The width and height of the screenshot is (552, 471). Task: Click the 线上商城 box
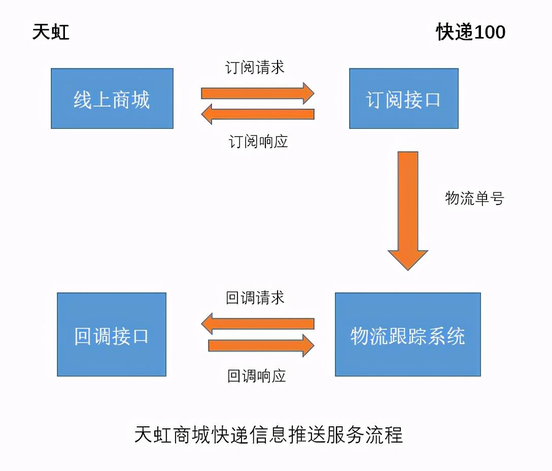pyautogui.click(x=112, y=98)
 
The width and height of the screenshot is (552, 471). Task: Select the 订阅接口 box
pyautogui.click(x=404, y=98)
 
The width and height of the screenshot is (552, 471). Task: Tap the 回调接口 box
pyautogui.click(x=112, y=334)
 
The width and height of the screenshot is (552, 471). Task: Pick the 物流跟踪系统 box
pyautogui.click(x=408, y=334)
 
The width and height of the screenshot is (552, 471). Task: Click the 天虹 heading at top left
pyautogui.click(x=51, y=32)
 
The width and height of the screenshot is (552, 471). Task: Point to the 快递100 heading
pyautogui.click(x=471, y=32)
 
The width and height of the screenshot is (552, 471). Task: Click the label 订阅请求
pyautogui.click(x=255, y=68)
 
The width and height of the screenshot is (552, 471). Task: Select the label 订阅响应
pyautogui.click(x=258, y=141)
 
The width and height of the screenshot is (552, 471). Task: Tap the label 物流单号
pyautogui.click(x=474, y=198)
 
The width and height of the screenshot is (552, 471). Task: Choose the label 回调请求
pyautogui.click(x=255, y=297)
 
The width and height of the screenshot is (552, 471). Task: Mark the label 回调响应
pyautogui.click(x=257, y=376)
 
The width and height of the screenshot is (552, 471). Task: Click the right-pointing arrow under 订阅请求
pyautogui.click(x=258, y=93)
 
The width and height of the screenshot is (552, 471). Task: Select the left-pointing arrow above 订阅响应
pyautogui.click(x=258, y=114)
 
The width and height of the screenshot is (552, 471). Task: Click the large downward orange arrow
pyautogui.click(x=408, y=208)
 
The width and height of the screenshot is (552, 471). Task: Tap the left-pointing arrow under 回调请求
pyautogui.click(x=258, y=323)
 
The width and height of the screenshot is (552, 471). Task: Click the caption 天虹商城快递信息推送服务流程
pyautogui.click(x=268, y=435)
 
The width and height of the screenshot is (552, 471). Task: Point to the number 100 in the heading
pyautogui.click(x=490, y=32)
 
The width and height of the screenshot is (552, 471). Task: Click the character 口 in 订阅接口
pyautogui.click(x=432, y=99)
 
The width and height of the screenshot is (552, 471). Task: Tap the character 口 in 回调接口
pyautogui.click(x=140, y=336)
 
